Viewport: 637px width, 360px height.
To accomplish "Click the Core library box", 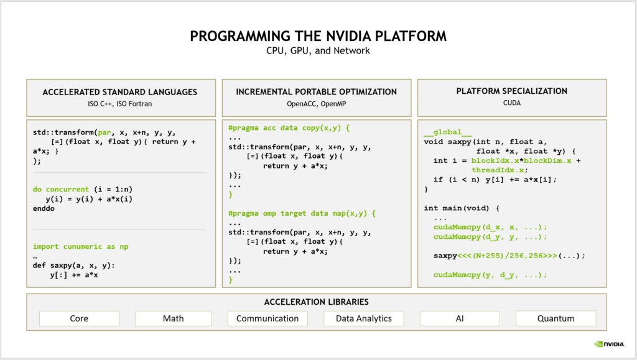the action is (x=79, y=318).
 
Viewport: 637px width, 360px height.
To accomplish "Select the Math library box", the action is (x=174, y=318).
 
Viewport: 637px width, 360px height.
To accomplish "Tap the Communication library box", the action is (x=267, y=318).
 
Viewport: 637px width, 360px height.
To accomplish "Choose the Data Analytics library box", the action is (x=363, y=318).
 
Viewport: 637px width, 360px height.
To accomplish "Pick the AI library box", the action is (x=460, y=318).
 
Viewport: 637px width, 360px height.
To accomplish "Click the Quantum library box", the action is (x=556, y=318).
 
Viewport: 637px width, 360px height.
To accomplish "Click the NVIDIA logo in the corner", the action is (x=609, y=344).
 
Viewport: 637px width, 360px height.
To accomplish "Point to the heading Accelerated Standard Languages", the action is (x=120, y=92).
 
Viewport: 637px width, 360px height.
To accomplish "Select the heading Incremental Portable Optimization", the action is (x=317, y=92).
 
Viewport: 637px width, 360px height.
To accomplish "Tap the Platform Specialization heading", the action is (x=512, y=91).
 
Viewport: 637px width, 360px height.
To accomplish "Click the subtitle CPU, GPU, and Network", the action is (x=318, y=51).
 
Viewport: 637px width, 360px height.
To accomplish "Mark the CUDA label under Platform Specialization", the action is (x=512, y=103).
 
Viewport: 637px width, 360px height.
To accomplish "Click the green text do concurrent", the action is (x=60, y=189).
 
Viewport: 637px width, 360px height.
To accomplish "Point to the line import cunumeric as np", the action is (x=80, y=246).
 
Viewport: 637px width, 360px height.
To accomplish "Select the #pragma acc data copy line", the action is (x=289, y=128).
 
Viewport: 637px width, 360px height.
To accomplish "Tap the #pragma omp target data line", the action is (x=302, y=213).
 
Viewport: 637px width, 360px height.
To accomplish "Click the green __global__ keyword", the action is (x=448, y=132).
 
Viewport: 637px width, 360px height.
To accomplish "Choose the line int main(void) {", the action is (x=462, y=208).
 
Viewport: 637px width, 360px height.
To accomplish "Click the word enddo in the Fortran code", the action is (x=44, y=208).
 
